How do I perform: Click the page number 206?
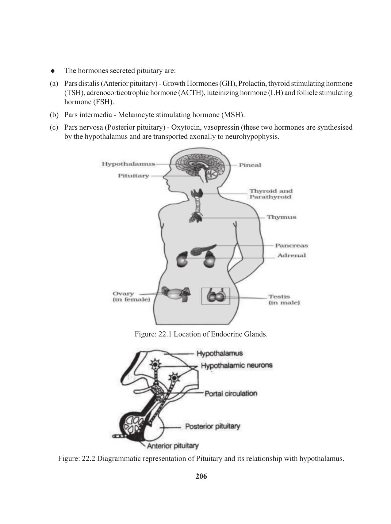(x=201, y=476)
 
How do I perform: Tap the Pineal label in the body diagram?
(x=250, y=165)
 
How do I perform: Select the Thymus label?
(x=281, y=217)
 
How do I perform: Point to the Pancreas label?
(x=291, y=245)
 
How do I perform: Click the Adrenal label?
(x=291, y=255)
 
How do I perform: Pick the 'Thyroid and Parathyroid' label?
(x=270, y=194)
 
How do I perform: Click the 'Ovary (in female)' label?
(x=131, y=297)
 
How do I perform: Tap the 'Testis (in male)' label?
(x=284, y=299)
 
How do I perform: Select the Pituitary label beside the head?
(x=133, y=176)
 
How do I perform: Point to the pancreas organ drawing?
(x=202, y=249)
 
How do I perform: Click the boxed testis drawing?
(x=215, y=296)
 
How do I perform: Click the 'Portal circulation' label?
(x=231, y=393)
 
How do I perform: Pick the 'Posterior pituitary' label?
(x=213, y=426)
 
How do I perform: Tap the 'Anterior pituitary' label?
(x=173, y=446)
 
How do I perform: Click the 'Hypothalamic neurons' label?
(x=236, y=365)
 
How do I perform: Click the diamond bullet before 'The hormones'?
(x=53, y=71)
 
